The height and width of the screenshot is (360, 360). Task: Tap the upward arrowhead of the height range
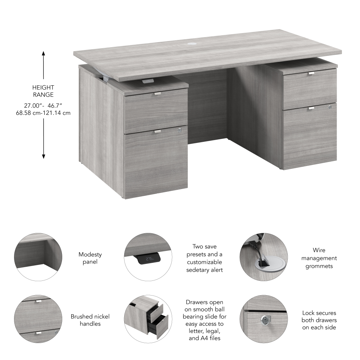tap(44, 54)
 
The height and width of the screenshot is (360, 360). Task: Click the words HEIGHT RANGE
tap(43, 91)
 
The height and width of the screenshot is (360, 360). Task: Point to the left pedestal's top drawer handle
tap(157, 94)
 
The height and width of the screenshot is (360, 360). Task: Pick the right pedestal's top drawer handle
tap(311, 73)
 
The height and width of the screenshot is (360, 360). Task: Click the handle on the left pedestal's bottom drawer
tap(157, 131)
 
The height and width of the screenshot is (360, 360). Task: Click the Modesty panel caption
tap(90, 258)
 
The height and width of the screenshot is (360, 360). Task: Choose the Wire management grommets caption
tap(319, 258)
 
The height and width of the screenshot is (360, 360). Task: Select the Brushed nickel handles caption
tap(90, 320)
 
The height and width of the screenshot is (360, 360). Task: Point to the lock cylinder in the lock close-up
tap(266, 319)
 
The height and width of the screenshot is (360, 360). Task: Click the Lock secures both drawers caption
tap(319, 320)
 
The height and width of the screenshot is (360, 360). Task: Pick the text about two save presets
tap(204, 258)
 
